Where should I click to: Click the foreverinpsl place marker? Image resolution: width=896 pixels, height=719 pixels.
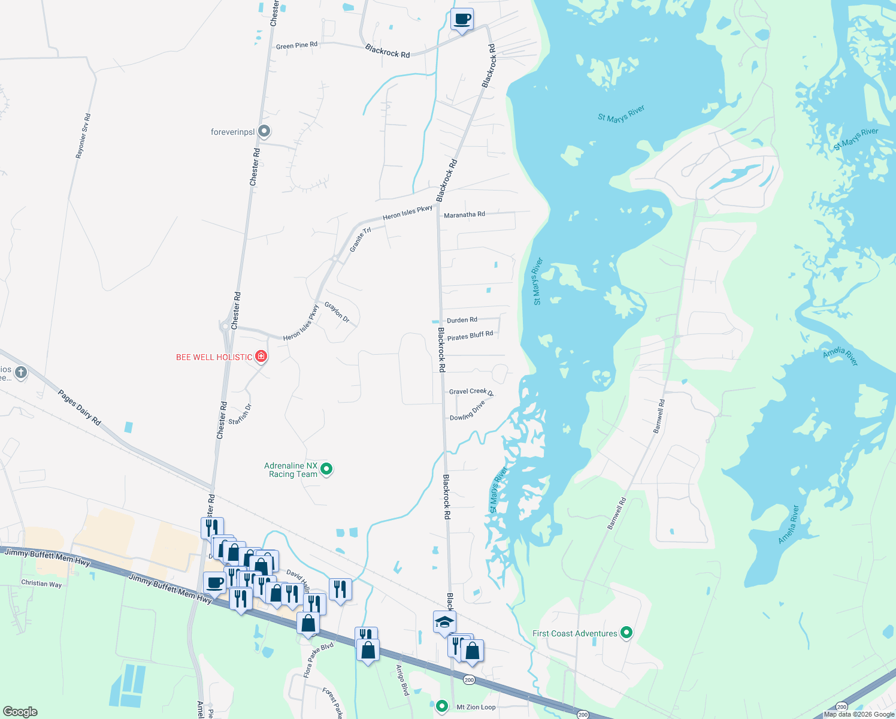point(264,131)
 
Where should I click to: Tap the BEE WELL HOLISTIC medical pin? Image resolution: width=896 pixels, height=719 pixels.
point(261,357)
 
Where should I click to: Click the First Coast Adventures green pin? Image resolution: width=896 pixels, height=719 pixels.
point(626,633)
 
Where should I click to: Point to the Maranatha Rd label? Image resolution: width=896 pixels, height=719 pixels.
point(464,215)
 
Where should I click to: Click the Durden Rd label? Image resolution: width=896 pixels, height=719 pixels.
point(462,320)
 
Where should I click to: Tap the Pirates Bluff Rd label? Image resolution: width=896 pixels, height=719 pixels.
point(470,336)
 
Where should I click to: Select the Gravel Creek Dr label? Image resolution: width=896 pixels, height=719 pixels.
point(471,392)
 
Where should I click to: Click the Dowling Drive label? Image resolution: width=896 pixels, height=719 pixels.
point(467,412)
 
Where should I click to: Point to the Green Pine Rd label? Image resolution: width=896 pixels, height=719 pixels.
point(296,46)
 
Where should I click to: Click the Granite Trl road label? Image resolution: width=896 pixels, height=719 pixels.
point(361,239)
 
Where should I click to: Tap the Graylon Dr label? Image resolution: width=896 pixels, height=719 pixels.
point(337,312)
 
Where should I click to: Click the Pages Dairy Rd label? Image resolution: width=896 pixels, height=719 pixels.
point(79,407)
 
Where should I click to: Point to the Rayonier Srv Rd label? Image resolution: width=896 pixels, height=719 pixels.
point(83,136)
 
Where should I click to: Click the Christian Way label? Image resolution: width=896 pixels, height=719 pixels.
point(41,583)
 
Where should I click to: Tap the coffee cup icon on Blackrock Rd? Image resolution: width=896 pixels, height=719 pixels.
point(462,20)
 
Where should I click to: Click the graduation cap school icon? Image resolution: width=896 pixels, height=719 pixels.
point(444,623)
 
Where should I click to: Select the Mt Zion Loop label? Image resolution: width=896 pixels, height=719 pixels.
point(476,707)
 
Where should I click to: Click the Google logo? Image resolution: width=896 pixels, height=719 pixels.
point(20,712)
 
